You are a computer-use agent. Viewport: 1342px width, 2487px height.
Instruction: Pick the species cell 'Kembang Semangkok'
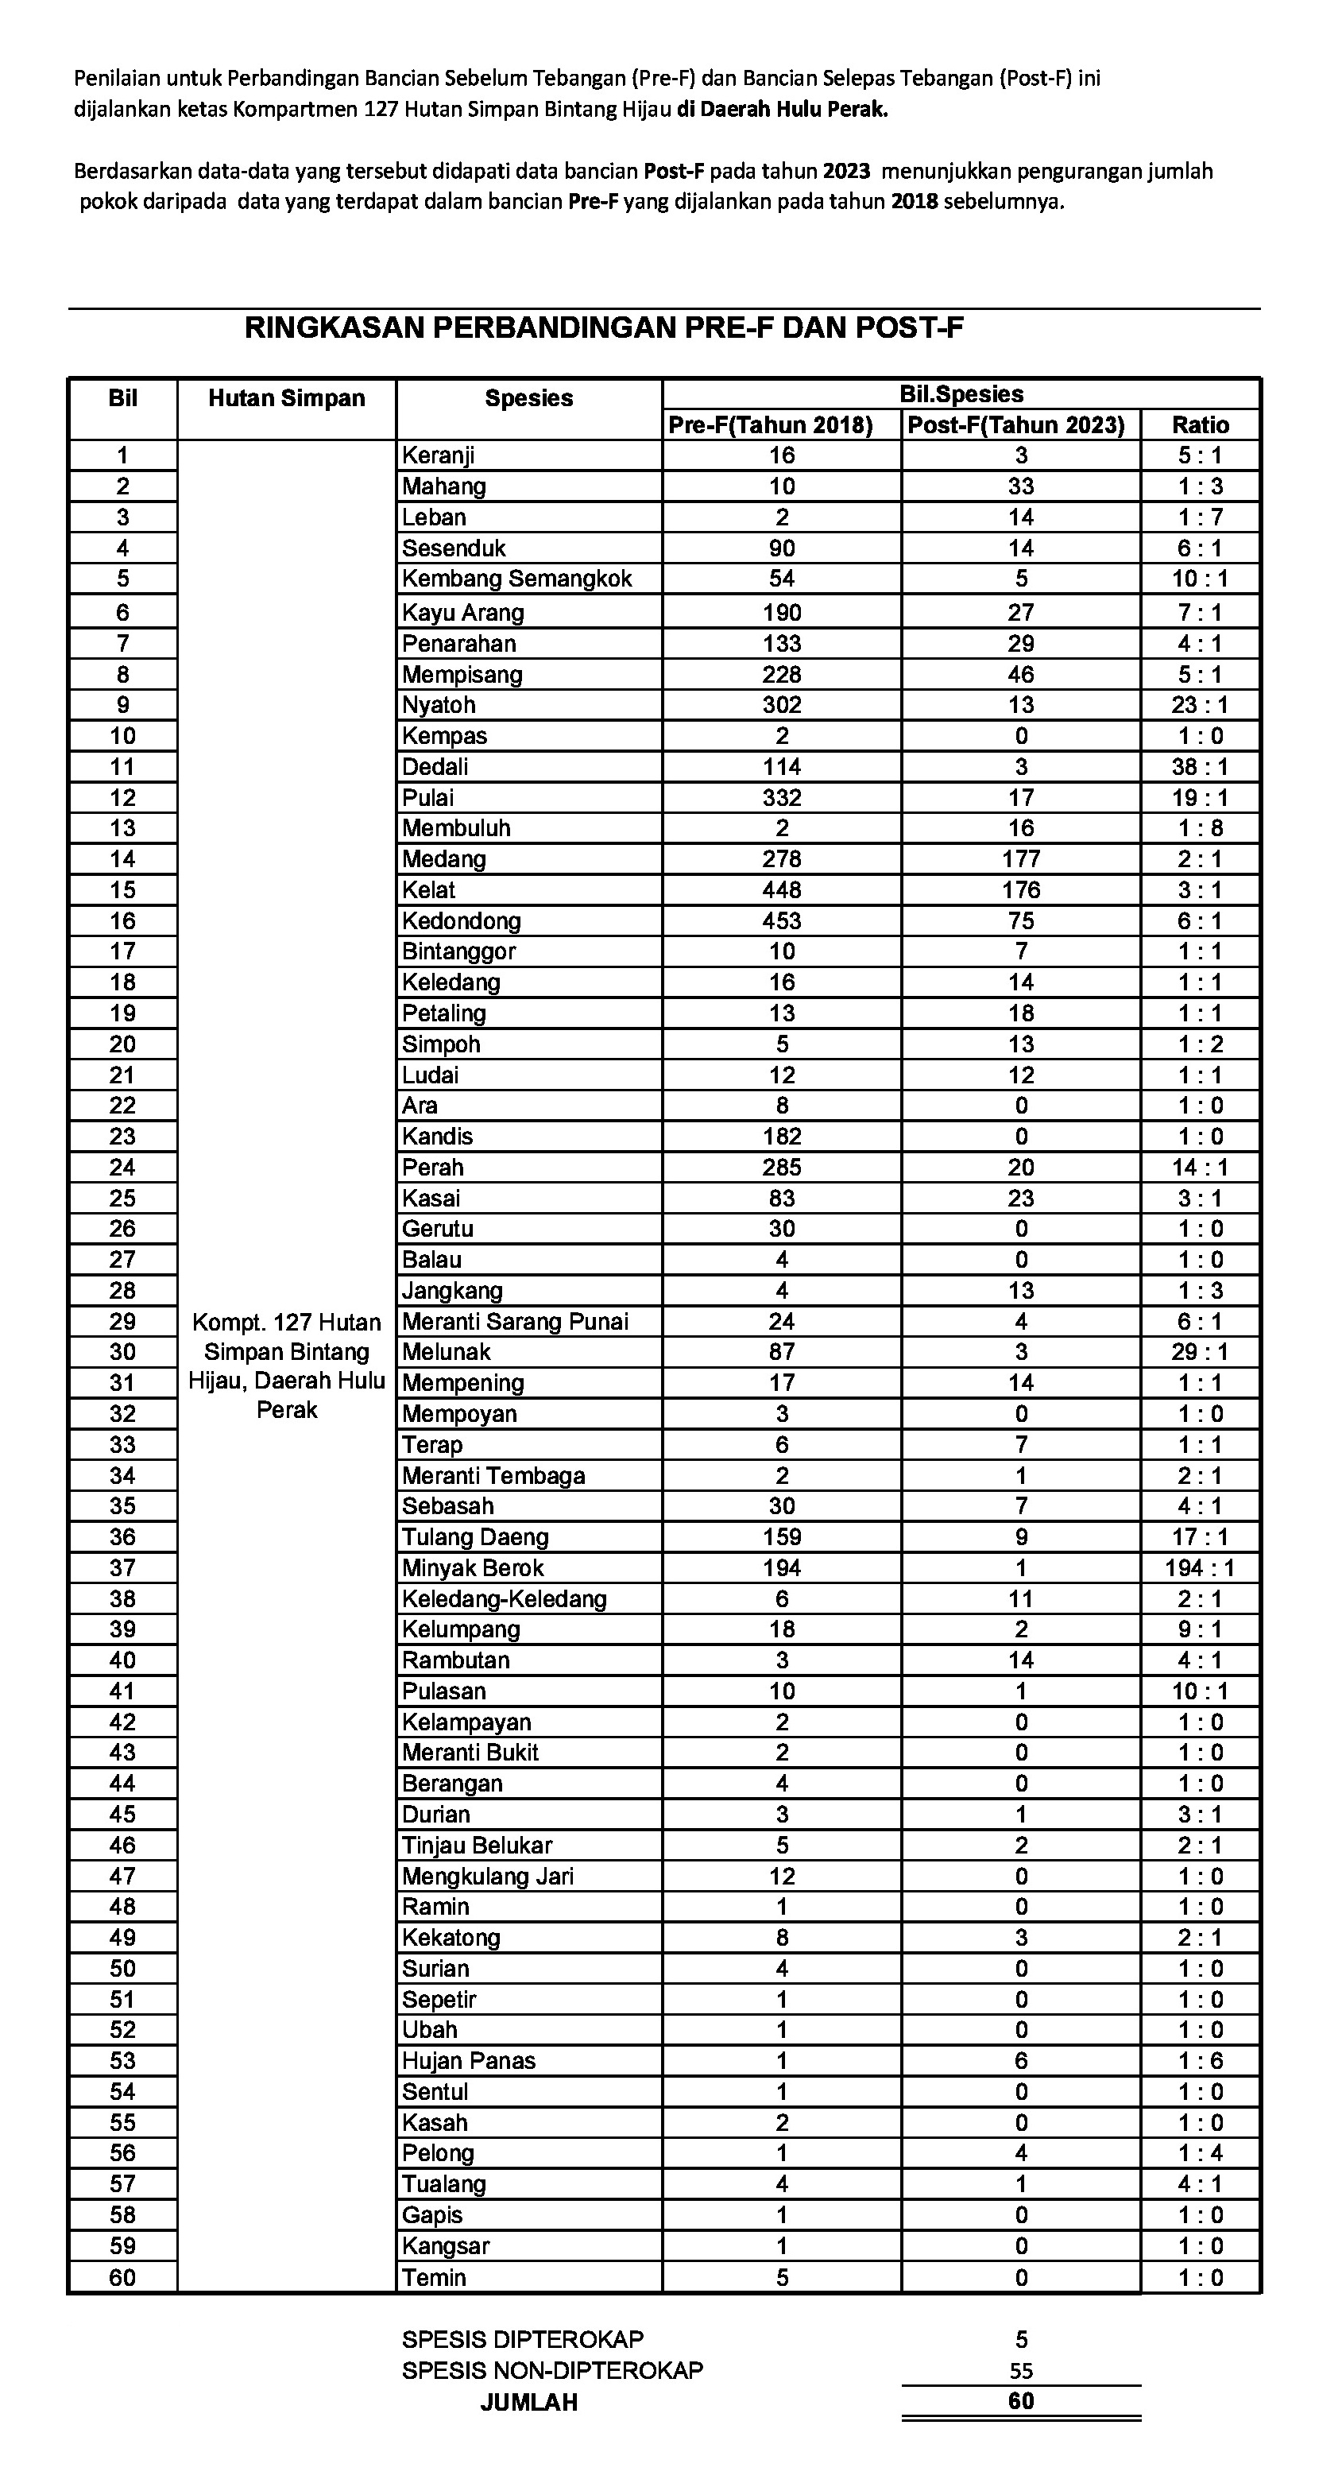coord(516,579)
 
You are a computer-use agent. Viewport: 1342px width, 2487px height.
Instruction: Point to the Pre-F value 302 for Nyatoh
coord(782,705)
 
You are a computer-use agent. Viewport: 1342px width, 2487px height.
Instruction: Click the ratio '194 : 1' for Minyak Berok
coord(1199,1568)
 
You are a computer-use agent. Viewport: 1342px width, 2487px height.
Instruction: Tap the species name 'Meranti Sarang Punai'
coord(515,1322)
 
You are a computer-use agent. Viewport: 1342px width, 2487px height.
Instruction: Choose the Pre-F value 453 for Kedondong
coord(782,921)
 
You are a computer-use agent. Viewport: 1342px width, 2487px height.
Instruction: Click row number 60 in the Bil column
coord(122,2277)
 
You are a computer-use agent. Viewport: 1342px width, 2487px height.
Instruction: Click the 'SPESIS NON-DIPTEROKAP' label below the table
coord(552,2370)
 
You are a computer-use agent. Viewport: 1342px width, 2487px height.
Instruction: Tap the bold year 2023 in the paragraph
coord(845,172)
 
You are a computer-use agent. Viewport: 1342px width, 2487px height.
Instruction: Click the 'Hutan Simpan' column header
coord(287,399)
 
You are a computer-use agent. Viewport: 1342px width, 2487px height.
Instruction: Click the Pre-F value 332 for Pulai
coord(782,797)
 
